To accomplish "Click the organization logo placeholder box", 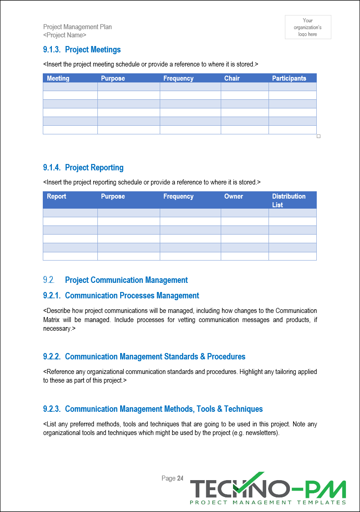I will [x=308, y=27].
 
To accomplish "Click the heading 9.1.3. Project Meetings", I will [x=82, y=50].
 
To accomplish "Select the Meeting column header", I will [x=58, y=78].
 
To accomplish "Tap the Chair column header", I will [x=232, y=78].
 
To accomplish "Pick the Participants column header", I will [x=289, y=78].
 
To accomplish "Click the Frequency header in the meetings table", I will [x=178, y=78].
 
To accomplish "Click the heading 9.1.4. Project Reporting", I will [x=83, y=168].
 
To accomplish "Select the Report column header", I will [x=56, y=196].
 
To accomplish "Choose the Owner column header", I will [x=233, y=196].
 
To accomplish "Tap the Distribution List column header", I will [x=289, y=200].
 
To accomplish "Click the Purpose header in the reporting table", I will [x=113, y=196].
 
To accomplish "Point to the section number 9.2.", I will [x=49, y=280].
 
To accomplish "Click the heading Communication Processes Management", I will [x=132, y=296].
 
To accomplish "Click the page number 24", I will [x=180, y=478].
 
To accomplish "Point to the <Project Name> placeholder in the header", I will [x=65, y=35].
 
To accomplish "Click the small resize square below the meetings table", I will [x=319, y=136].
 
